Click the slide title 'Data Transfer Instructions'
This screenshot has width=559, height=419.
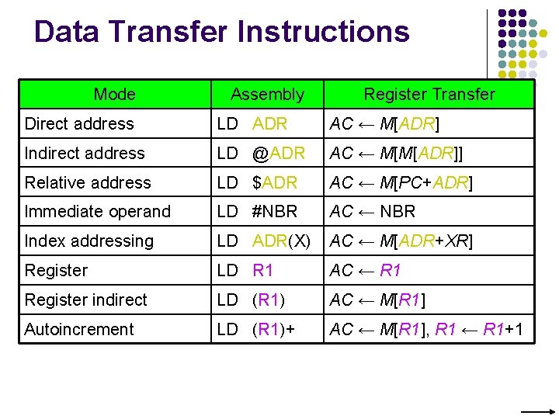pyautogui.click(x=221, y=32)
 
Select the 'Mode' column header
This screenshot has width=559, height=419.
pyautogui.click(x=114, y=95)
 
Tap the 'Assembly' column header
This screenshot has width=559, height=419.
pyautogui.click(x=267, y=95)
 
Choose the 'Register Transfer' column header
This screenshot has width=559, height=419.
pyautogui.click(x=429, y=95)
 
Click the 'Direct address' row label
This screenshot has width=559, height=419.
pyautogui.click(x=79, y=124)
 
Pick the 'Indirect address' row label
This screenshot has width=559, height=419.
pyautogui.click(x=85, y=154)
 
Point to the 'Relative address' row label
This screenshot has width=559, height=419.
pyautogui.click(x=88, y=183)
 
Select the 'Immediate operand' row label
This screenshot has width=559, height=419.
pyautogui.click(x=98, y=212)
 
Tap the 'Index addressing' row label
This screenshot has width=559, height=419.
pyautogui.click(x=89, y=241)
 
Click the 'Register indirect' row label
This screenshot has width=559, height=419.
pyautogui.click(x=85, y=300)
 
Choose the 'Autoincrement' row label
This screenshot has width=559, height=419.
pyautogui.click(x=79, y=330)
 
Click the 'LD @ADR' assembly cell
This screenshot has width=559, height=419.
pyautogui.click(x=261, y=154)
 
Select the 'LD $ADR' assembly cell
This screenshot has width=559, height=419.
pyautogui.click(x=257, y=183)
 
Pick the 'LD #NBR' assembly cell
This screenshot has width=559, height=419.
pyautogui.click(x=257, y=212)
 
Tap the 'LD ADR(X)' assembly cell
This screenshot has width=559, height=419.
pyautogui.click(x=263, y=241)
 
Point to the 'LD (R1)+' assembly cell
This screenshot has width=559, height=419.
pyautogui.click(x=255, y=330)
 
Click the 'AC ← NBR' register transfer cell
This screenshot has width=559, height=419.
pyautogui.click(x=373, y=212)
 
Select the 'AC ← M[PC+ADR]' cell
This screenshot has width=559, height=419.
pyautogui.click(x=401, y=183)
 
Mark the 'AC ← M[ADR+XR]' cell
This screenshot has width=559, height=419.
pyautogui.click(x=401, y=241)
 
